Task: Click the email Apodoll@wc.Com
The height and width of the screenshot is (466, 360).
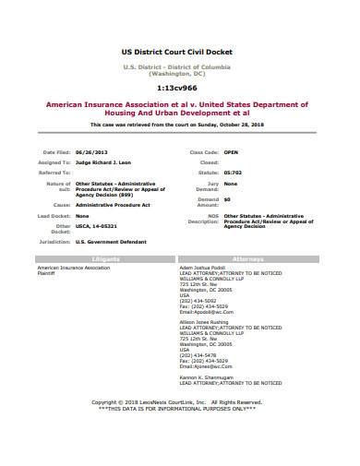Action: coord(211,311)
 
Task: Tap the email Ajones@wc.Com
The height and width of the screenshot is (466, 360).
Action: coord(210,366)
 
